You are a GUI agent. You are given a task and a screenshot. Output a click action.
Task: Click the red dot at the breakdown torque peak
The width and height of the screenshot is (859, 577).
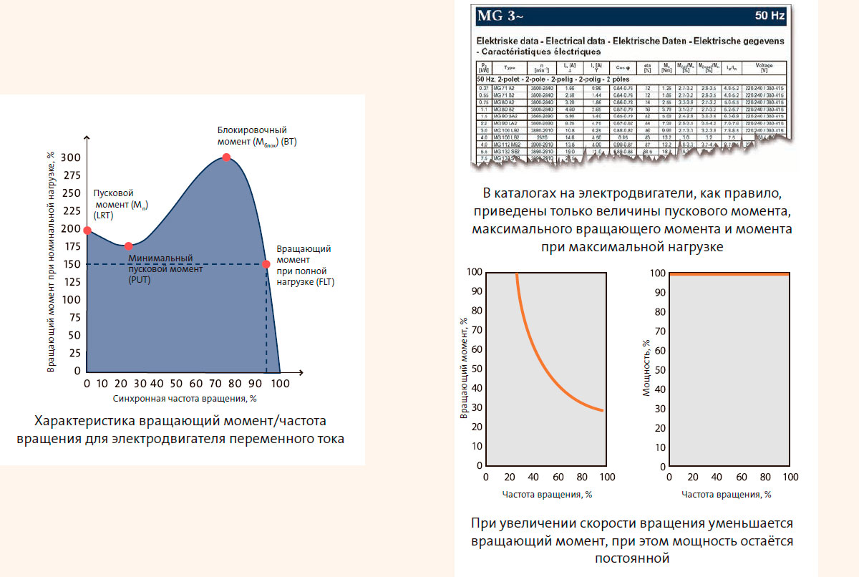pos(226,157)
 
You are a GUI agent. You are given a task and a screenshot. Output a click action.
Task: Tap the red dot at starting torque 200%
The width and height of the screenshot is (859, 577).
pos(87,230)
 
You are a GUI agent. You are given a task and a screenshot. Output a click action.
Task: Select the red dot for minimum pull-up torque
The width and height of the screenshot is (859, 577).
pos(128,246)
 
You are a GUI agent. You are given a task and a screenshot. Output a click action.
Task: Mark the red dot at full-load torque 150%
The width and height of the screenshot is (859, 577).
pos(266,264)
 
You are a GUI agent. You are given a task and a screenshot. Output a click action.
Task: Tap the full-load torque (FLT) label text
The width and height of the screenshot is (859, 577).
pos(305,265)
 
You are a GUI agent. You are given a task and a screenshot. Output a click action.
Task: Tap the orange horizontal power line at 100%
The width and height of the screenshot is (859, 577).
pos(729,273)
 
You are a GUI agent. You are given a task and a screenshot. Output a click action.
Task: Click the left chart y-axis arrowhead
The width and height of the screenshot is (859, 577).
pos(87,136)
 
